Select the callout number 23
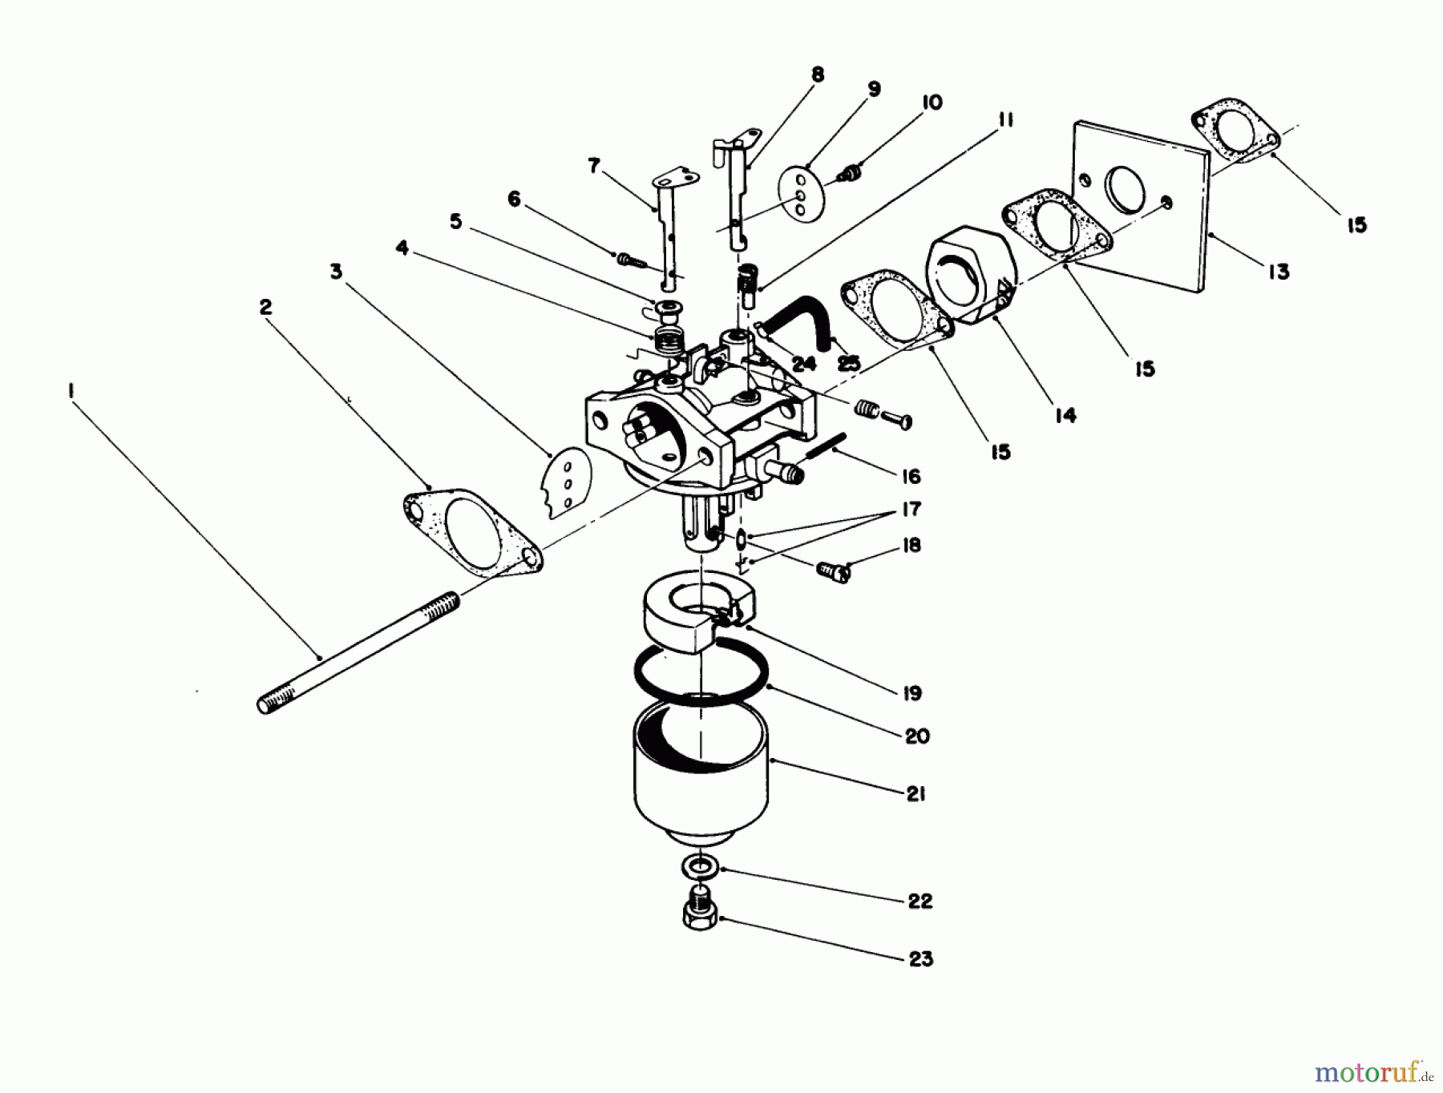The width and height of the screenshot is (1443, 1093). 921,958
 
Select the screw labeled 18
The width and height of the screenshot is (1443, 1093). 834,571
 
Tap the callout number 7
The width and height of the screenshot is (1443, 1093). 594,166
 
